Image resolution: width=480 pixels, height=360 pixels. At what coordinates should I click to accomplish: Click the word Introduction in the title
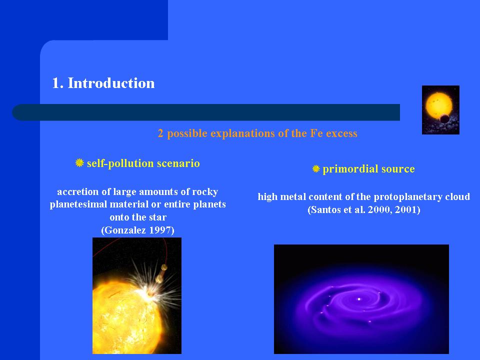pos(111,83)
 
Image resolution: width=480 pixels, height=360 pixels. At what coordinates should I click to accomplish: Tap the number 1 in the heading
pos(56,83)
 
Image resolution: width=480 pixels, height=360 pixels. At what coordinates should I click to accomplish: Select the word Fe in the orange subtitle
pos(316,133)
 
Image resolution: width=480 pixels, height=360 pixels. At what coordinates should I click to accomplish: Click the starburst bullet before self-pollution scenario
pos(79,163)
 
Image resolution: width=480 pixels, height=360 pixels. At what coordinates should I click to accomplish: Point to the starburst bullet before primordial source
pos(316,168)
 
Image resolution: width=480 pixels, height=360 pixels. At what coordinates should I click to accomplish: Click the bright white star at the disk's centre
pos(359,299)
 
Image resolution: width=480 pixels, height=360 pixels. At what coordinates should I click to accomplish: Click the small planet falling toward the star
pos(164,267)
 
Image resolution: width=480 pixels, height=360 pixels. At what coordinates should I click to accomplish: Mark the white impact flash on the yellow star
pos(150,291)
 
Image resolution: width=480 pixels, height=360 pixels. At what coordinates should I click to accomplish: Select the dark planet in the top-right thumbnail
pos(443,118)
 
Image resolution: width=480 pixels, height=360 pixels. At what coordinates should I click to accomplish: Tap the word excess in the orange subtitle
pos(341,133)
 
